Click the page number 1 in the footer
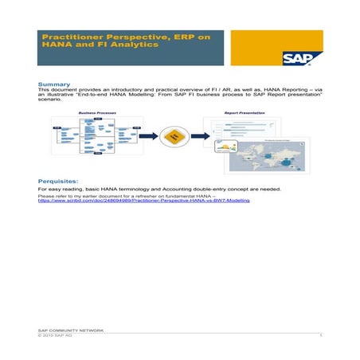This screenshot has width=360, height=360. [x=319, y=335]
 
